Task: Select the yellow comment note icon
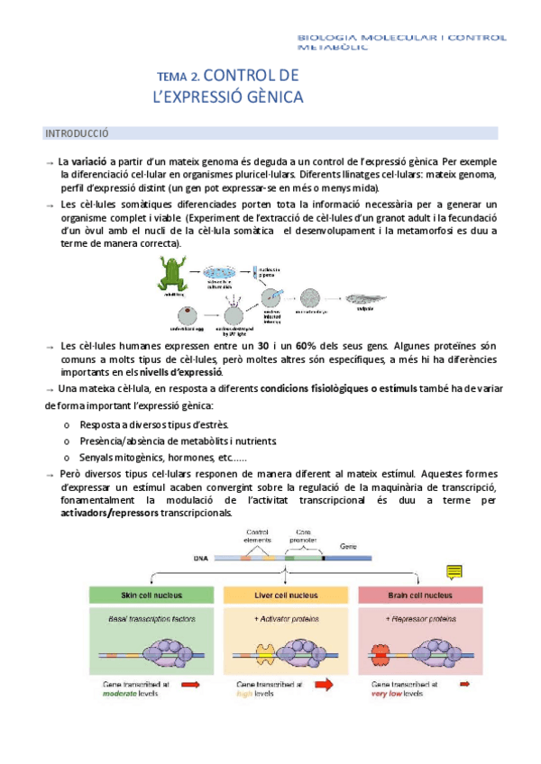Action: pos(454,573)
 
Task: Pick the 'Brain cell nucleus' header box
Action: pos(419,596)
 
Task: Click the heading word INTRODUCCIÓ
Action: pos(77,133)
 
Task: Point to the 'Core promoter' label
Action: pos(303,535)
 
